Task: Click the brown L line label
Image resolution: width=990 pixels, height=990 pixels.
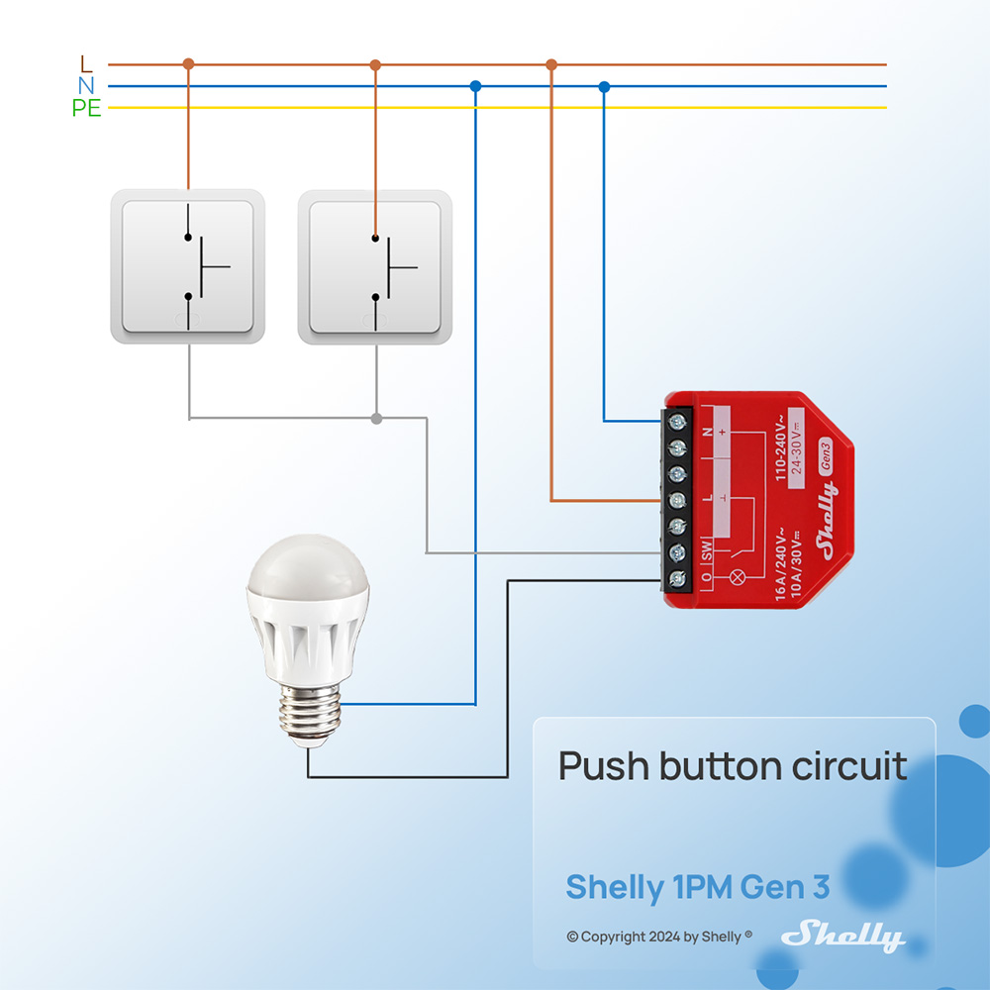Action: coord(86,64)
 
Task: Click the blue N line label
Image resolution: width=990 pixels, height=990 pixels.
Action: coord(86,86)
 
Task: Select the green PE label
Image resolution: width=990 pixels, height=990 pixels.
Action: coord(86,109)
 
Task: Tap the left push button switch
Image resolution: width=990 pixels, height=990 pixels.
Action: coord(187,266)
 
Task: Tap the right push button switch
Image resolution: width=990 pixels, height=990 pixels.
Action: coord(375,266)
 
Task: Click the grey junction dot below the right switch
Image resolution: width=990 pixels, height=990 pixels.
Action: coord(376,419)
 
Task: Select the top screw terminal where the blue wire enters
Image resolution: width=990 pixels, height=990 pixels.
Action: coord(678,423)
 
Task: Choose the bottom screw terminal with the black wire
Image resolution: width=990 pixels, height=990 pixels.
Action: coord(678,579)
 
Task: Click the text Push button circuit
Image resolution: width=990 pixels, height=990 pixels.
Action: coord(733,766)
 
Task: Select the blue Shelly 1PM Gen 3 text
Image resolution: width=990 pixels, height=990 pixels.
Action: coord(697,887)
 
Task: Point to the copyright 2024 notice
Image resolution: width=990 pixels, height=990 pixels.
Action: coord(659,937)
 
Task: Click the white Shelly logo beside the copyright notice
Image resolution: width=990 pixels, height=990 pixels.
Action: coord(842,937)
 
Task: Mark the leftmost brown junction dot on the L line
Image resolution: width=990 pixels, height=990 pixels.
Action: coord(188,64)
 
